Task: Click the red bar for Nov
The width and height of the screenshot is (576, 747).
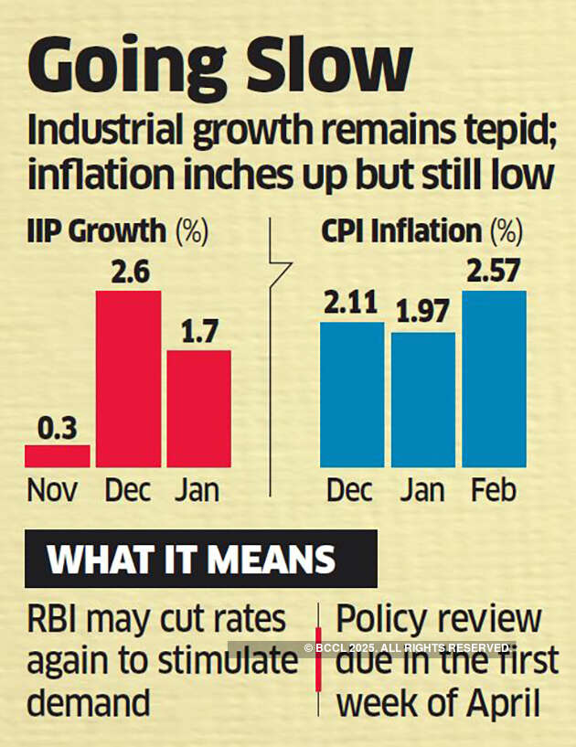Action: click(x=57, y=456)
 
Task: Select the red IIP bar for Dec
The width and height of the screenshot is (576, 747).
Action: click(x=128, y=379)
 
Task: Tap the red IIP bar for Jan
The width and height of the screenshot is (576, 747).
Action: click(x=198, y=408)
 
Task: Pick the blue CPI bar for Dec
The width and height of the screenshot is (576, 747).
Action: click(x=352, y=394)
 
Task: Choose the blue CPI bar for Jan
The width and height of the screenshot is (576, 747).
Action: click(x=423, y=400)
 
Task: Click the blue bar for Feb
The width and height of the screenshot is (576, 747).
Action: click(x=494, y=379)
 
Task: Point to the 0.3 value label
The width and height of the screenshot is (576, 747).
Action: click(x=57, y=428)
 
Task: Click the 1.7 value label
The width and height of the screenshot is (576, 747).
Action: click(x=198, y=333)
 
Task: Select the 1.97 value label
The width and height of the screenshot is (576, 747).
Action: click(x=423, y=315)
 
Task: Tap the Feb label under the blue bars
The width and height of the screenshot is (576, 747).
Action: click(x=494, y=491)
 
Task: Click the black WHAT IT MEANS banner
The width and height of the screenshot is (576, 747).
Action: click(x=201, y=558)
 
